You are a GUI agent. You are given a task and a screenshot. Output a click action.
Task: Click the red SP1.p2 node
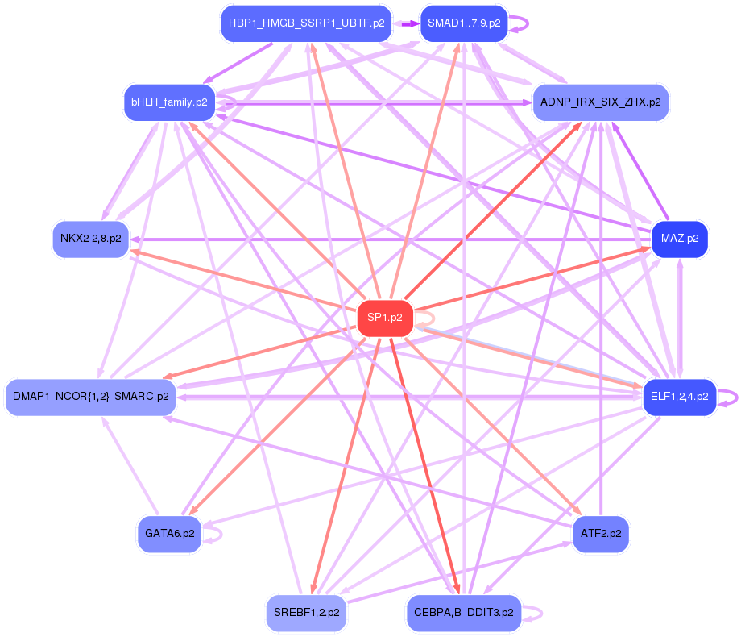point(385,318)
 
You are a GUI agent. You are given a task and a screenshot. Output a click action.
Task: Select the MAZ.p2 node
point(680,239)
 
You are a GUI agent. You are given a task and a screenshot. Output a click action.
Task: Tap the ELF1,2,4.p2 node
point(680,397)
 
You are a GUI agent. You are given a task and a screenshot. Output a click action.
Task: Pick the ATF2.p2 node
point(601,534)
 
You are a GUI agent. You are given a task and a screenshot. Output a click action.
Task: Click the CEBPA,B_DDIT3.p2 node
point(464,613)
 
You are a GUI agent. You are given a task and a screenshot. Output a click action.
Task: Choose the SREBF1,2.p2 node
point(306,613)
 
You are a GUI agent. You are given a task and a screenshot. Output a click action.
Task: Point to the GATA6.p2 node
point(170,534)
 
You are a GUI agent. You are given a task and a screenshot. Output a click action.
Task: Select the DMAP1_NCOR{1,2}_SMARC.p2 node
point(91,397)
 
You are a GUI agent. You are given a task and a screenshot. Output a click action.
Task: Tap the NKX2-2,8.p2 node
point(91,239)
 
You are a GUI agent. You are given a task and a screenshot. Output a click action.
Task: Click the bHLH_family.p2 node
point(169,102)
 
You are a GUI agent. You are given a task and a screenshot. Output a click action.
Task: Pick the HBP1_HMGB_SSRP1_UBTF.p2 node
point(306,23)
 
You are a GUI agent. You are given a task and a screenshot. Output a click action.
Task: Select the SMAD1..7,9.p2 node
point(464,23)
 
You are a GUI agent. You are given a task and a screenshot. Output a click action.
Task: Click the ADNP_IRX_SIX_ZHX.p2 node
point(601,102)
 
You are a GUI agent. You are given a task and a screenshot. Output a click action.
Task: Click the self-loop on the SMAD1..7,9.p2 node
point(520,23)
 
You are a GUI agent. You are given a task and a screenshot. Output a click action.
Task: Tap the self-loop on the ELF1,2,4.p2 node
point(728,398)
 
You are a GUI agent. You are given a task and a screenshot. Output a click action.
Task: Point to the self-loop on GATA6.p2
point(213,534)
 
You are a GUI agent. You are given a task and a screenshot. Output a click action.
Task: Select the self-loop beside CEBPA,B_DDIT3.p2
point(532,614)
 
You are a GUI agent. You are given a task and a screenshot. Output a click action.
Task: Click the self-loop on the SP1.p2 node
point(424,318)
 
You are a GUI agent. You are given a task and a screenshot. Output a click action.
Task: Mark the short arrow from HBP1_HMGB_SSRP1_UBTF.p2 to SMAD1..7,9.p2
point(406,23)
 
